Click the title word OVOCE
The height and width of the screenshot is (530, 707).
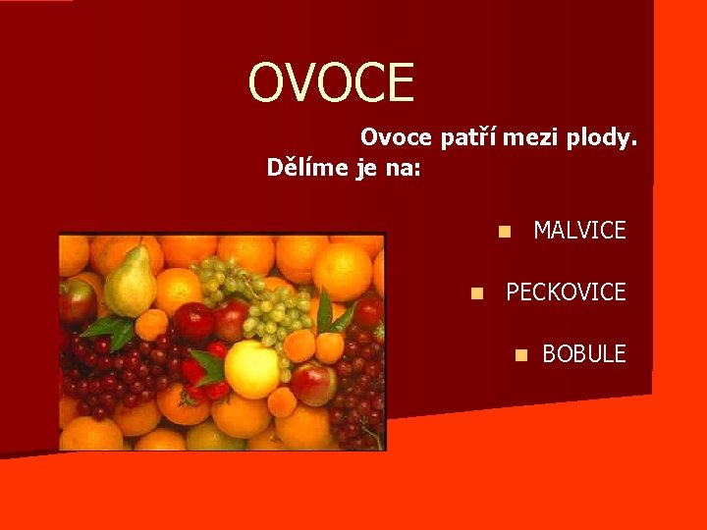click(x=332, y=82)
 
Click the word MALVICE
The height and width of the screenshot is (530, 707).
click(x=578, y=231)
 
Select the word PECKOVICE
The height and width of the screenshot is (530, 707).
click(x=565, y=292)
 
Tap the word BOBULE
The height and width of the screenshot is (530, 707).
click(x=583, y=354)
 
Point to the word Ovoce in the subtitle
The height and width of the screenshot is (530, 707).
click(x=397, y=138)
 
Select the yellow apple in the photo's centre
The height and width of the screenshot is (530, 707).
click(x=252, y=369)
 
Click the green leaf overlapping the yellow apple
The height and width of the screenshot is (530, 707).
click(x=208, y=364)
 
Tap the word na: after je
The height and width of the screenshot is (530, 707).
click(x=403, y=168)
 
